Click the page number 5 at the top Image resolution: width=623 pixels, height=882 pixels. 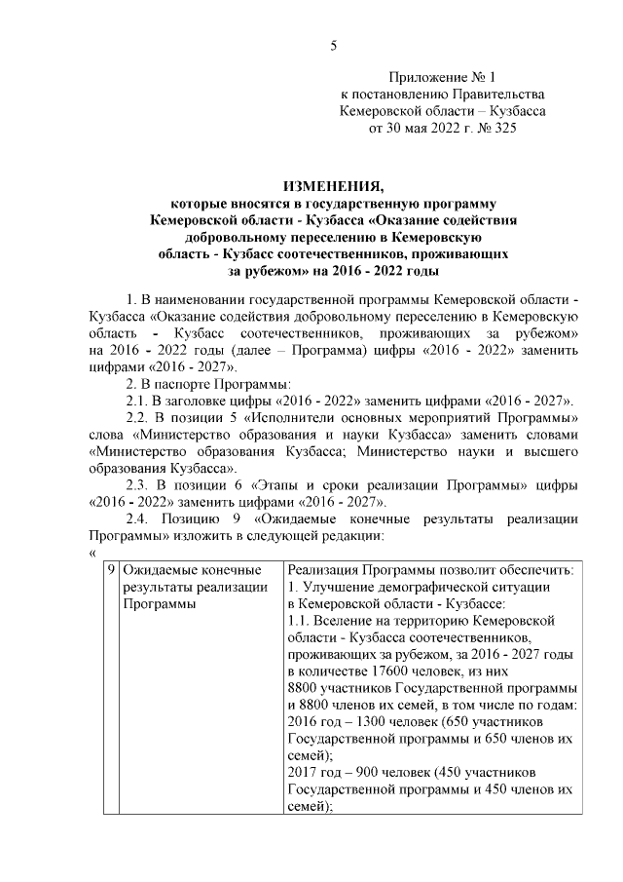pyautogui.click(x=334, y=46)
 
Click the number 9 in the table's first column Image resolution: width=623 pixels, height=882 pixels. pyautogui.click(x=112, y=569)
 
